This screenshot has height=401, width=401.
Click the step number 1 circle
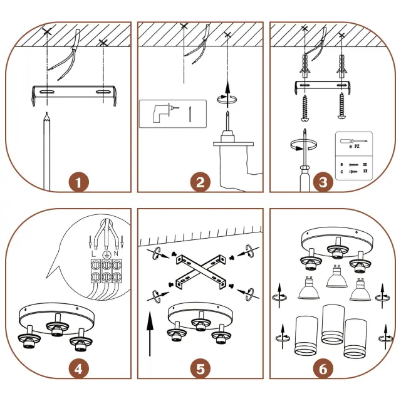click(78, 183)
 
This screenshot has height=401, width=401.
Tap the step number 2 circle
click(200, 183)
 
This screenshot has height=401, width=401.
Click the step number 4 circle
click(78, 368)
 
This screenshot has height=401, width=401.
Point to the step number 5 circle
click(200, 368)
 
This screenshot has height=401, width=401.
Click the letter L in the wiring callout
click(93, 254)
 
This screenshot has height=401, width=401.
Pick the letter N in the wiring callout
click(117, 254)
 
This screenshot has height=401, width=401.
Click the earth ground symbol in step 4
click(105, 254)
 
